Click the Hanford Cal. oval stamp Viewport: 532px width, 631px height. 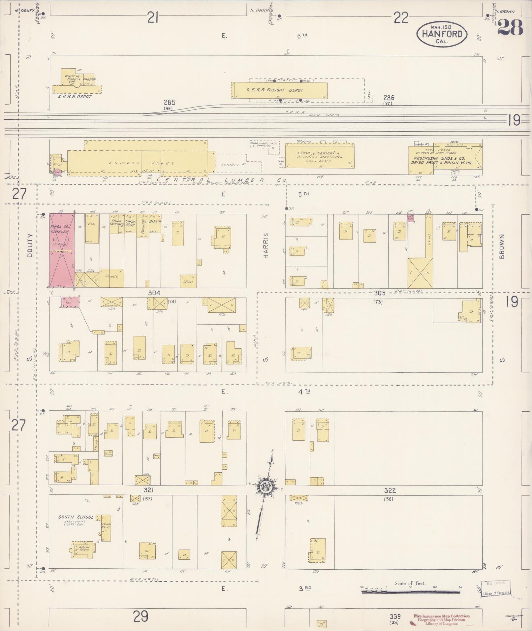click(x=442, y=34)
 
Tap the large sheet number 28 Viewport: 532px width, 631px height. click(x=510, y=27)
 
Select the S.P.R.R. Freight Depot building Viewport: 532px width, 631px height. click(x=280, y=90)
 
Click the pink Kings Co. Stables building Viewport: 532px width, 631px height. click(x=62, y=250)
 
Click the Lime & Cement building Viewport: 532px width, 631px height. click(x=319, y=155)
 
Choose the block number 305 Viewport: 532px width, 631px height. click(x=380, y=293)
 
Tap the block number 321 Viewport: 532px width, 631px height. click(x=148, y=490)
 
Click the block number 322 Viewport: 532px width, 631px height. click(x=390, y=490)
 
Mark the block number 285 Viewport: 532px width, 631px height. click(x=169, y=102)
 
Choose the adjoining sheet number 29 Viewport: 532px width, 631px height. click(x=141, y=615)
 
